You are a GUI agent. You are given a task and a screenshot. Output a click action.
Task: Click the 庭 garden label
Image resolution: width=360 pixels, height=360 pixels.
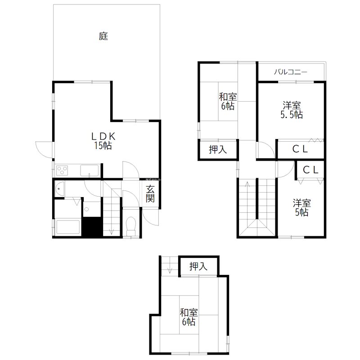103,36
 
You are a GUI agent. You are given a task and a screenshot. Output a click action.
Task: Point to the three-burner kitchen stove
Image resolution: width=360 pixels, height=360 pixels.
62,171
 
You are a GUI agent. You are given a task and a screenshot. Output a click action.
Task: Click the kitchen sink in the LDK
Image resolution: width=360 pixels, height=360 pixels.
90,171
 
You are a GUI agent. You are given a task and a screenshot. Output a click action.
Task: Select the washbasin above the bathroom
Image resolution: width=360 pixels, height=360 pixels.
59,189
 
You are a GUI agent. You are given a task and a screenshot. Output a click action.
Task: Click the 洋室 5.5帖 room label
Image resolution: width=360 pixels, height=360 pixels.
292,110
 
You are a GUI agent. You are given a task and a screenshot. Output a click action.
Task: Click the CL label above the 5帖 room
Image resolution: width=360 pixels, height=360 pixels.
310,170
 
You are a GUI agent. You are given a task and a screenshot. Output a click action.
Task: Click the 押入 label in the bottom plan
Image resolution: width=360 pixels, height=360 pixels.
198,266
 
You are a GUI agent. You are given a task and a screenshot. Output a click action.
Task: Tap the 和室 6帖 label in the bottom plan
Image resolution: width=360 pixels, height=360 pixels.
188,317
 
